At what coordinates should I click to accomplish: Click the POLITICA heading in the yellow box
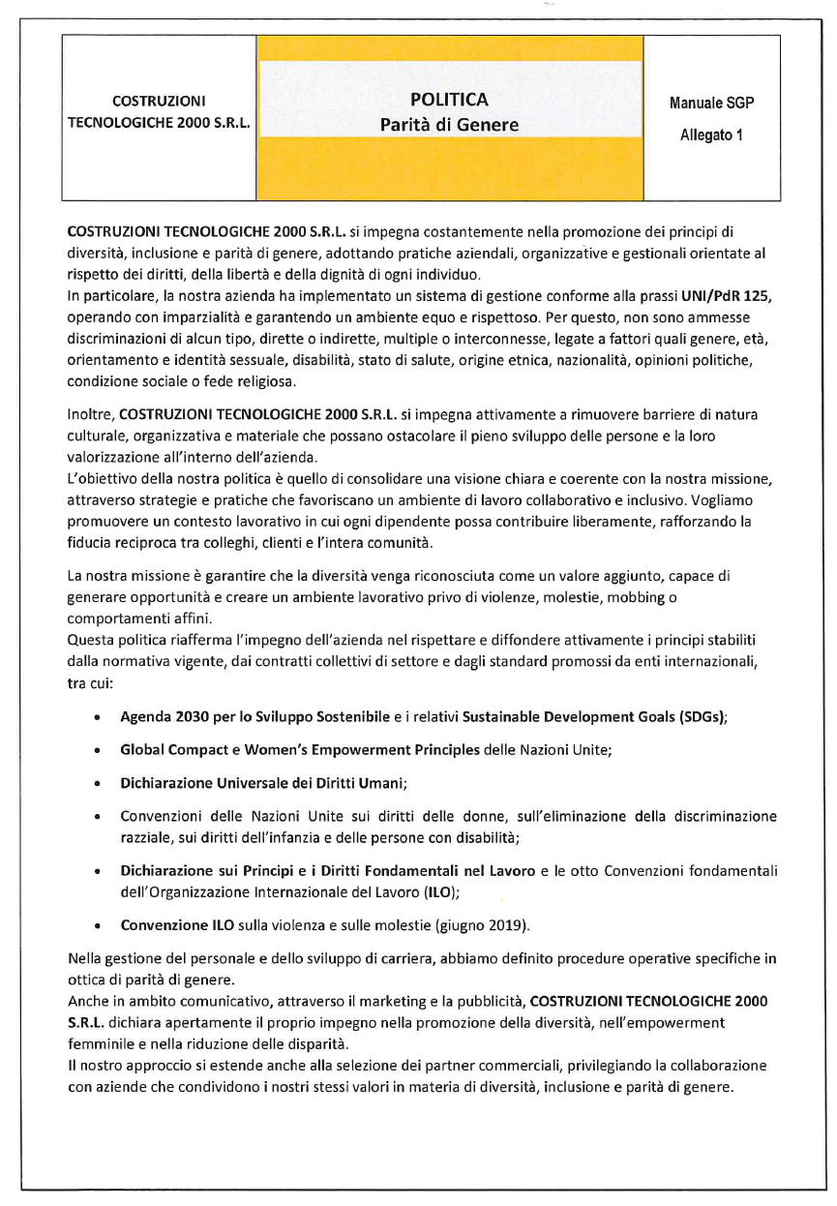pos(449,100)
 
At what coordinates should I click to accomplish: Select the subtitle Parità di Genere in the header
pos(449,125)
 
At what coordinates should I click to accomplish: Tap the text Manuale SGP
pos(711,103)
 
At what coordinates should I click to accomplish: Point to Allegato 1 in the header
pos(711,136)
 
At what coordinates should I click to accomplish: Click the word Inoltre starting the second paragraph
pos(91,414)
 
